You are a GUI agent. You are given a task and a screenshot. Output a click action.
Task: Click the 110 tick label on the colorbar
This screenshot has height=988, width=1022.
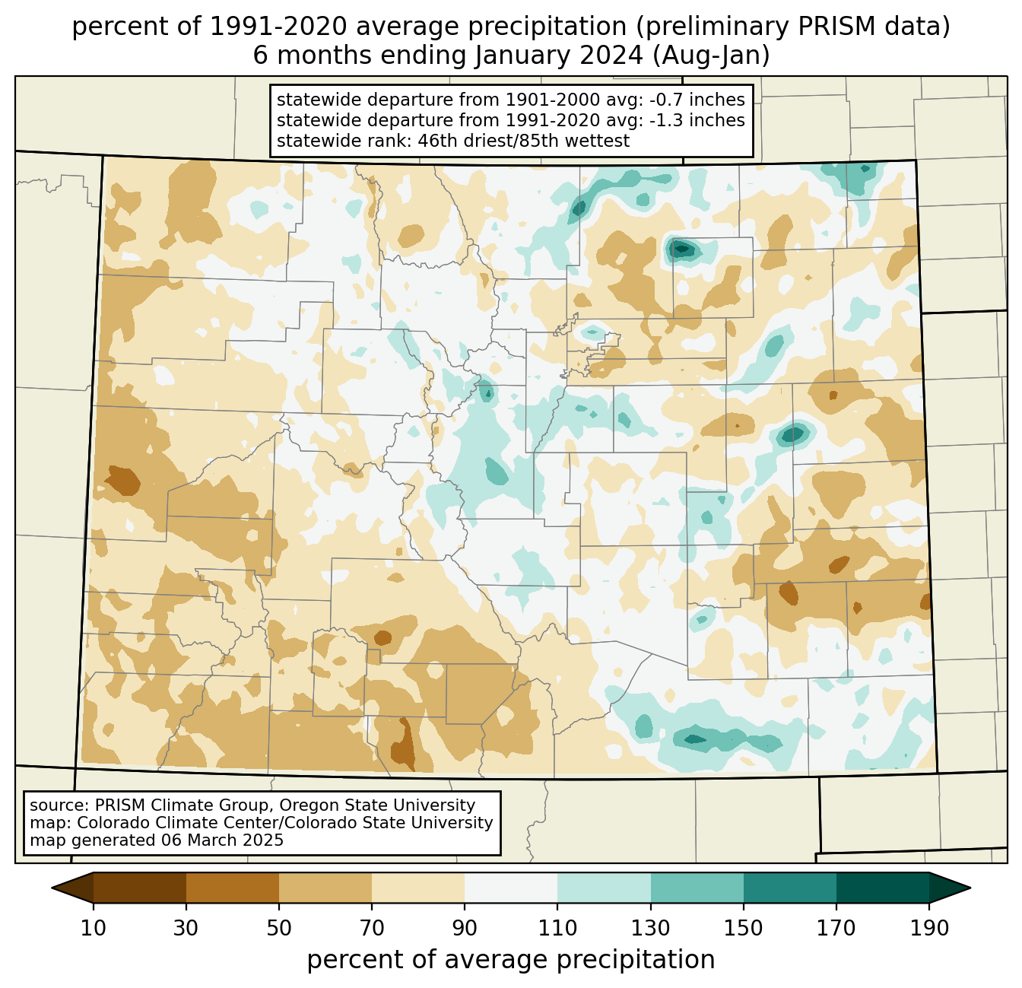[x=557, y=928]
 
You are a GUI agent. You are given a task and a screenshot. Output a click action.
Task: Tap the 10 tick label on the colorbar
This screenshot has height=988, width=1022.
[x=93, y=928]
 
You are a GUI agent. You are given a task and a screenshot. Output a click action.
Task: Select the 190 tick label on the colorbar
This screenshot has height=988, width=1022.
[x=929, y=928]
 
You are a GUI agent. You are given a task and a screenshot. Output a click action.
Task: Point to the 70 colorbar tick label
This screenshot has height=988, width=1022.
[x=372, y=928]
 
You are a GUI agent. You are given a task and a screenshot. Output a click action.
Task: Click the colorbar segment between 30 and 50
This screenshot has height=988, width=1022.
[x=232, y=888]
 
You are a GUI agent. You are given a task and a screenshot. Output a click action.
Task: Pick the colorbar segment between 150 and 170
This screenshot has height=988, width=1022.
[x=790, y=888]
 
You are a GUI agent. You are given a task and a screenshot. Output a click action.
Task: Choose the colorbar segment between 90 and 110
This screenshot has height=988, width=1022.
[x=511, y=888]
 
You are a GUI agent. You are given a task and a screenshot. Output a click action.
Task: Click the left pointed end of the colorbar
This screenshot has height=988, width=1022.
[x=52, y=888]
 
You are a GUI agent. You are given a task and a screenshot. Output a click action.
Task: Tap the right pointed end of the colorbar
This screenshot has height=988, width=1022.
[x=970, y=888]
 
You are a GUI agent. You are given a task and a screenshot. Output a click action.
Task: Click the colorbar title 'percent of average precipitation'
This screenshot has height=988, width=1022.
[x=510, y=959]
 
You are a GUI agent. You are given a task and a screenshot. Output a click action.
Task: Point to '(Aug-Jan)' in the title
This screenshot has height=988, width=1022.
[x=711, y=56]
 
